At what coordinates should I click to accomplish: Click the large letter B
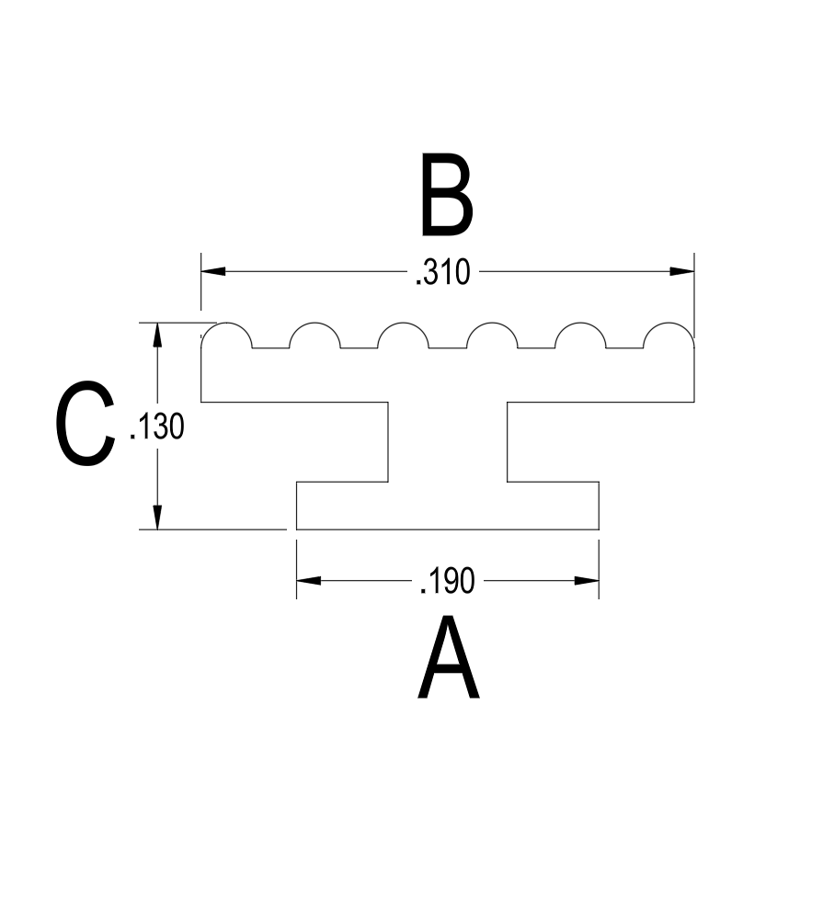coord(447,194)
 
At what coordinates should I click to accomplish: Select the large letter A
coord(448,656)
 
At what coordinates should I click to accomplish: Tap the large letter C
coord(85,423)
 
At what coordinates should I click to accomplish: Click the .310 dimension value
coord(442,272)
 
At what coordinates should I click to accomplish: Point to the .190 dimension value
coord(447,581)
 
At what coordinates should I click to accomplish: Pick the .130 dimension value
coord(157,427)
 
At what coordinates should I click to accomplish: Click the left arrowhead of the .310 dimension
coord(213,271)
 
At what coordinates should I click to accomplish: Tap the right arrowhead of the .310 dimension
coord(682,271)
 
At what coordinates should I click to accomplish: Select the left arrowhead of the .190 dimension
coord(309,581)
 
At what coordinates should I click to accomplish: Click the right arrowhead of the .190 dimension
coord(587,581)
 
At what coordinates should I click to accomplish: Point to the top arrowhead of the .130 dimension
coord(157,335)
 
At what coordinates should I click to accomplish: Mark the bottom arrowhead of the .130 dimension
coord(157,518)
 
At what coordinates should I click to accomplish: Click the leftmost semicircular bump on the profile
coord(226,323)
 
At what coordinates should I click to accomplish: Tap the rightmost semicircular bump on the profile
coord(669,323)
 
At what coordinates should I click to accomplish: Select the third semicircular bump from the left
coord(403,323)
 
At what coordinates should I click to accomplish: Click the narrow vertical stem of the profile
coord(447,442)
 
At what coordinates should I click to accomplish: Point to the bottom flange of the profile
coord(447,506)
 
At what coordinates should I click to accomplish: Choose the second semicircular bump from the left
coord(314,323)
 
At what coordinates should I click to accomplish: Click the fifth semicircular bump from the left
coord(580,323)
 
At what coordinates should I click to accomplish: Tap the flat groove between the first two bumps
coord(270,348)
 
